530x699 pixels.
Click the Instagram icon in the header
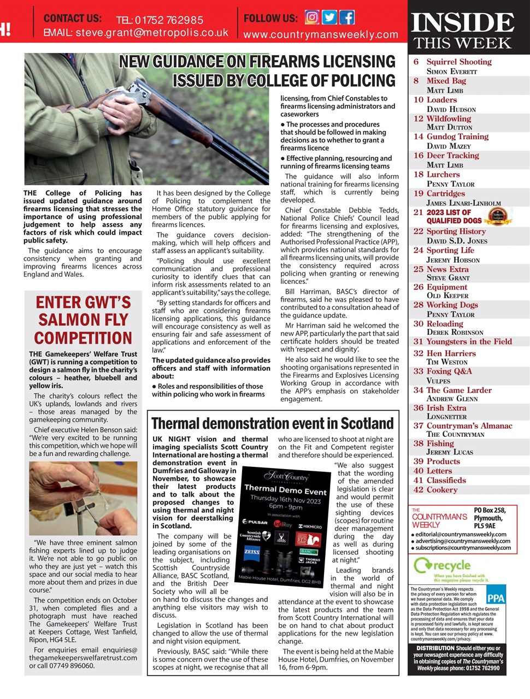point(312,17)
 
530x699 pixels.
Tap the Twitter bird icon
point(329,17)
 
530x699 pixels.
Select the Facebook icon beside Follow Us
point(347,17)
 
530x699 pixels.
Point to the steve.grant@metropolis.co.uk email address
point(152,33)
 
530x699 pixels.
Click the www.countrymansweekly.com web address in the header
point(321,34)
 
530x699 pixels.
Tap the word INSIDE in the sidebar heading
point(462,23)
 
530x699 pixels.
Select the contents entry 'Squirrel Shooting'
point(459,62)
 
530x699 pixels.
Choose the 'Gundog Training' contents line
point(457,137)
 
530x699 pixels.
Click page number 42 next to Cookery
point(419,490)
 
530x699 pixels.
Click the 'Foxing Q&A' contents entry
point(449,371)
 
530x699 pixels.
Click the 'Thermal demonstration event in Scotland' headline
point(272,423)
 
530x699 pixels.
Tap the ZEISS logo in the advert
point(251,552)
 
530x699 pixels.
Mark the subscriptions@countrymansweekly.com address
point(463,548)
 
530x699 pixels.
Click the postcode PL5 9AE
point(485,526)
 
